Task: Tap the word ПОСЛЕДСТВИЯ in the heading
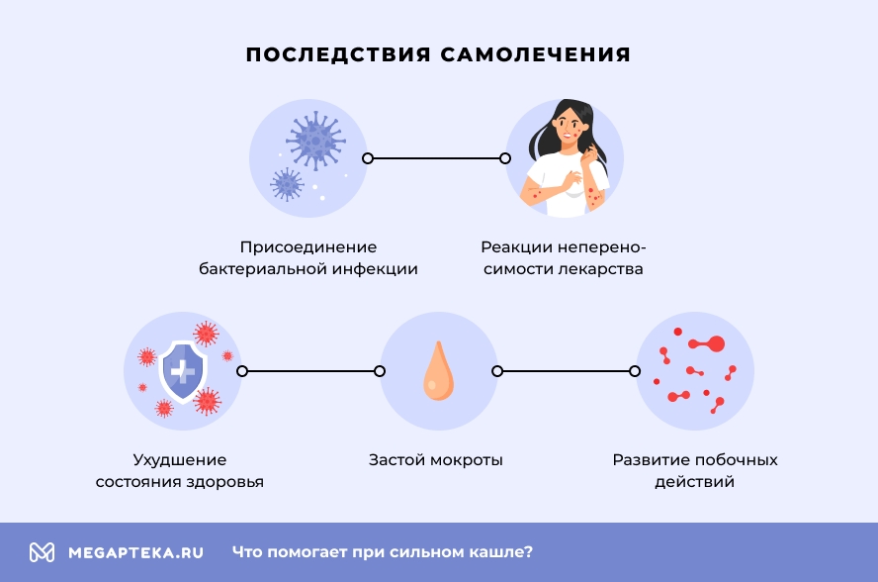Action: [337, 54]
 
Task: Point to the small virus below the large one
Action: [288, 184]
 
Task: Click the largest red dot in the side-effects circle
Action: [716, 344]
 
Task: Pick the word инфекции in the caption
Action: [376, 269]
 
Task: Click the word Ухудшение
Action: [180, 460]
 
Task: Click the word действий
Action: [694, 483]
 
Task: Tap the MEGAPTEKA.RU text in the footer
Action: [135, 552]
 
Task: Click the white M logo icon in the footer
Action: [42, 552]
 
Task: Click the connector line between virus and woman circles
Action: [436, 158]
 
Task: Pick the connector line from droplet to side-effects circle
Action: [566, 371]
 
